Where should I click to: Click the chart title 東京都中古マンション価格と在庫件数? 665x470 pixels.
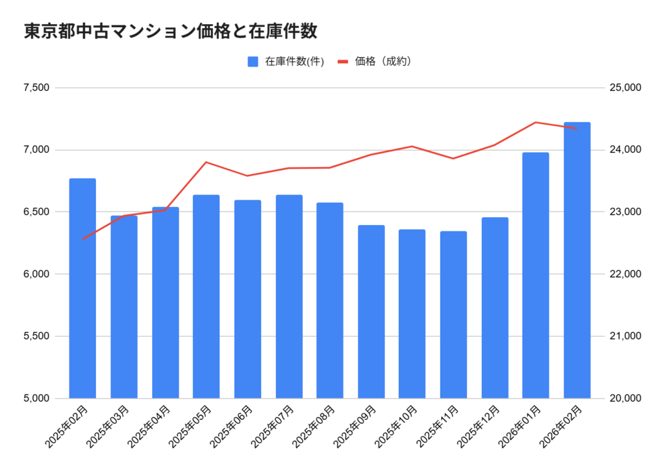(x=170, y=32)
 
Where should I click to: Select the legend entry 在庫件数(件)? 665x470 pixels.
(x=285, y=62)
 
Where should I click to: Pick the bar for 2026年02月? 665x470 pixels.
(x=577, y=260)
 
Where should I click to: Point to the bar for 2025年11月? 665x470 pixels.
(x=453, y=315)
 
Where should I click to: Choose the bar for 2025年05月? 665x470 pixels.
(x=206, y=296)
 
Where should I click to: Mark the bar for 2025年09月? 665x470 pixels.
(x=371, y=311)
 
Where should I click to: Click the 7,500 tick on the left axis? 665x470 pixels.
(x=38, y=88)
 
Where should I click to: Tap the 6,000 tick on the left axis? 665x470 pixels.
(x=38, y=274)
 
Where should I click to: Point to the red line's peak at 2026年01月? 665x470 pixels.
(x=536, y=122)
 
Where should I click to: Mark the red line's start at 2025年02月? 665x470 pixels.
(x=82, y=239)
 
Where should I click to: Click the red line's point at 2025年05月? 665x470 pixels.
(x=206, y=162)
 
